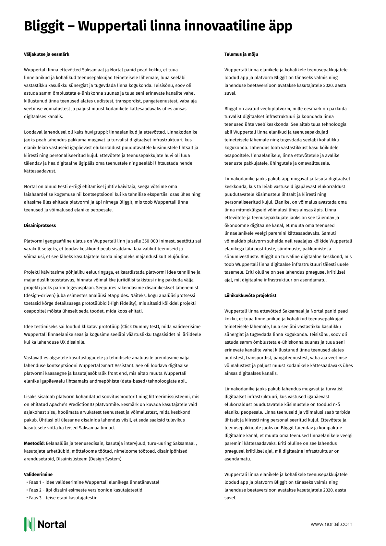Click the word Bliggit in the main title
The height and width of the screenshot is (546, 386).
(44, 26)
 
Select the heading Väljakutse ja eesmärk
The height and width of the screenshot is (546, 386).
(46, 54)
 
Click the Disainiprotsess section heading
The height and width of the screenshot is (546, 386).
(40, 225)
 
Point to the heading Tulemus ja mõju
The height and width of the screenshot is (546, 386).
(241, 54)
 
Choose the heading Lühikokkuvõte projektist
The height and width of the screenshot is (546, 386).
(250, 295)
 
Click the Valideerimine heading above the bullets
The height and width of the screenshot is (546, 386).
(38, 474)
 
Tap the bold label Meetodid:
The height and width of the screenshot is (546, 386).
(34, 443)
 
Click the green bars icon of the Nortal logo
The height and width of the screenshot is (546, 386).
(29, 524)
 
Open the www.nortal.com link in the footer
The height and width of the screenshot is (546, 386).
(331, 524)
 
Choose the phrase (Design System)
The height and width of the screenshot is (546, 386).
(105, 459)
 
